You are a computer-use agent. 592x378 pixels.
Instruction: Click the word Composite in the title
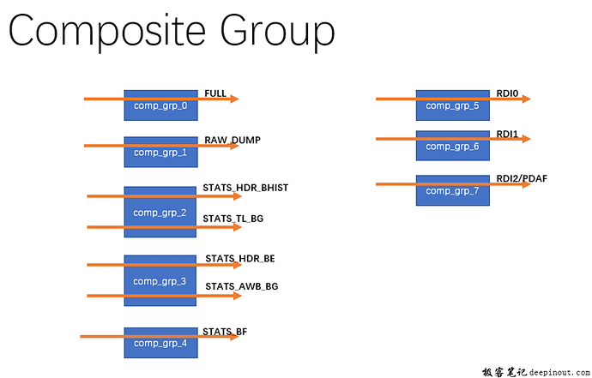coord(103,32)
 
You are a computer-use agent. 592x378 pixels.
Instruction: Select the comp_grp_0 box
coord(160,105)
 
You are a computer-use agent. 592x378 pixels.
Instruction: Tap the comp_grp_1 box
coord(160,153)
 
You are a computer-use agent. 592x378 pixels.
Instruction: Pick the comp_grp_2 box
coord(160,212)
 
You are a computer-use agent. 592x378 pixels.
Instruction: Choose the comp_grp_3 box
coord(160,281)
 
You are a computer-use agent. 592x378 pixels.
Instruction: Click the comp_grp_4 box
coord(160,343)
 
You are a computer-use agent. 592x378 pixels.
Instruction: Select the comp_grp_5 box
coord(452,105)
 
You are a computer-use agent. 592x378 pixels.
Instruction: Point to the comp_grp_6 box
coord(452,146)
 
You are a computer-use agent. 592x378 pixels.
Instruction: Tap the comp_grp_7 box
coord(452,190)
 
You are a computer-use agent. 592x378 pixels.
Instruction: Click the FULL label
coord(214,93)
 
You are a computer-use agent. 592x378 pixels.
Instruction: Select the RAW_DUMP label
coord(232,140)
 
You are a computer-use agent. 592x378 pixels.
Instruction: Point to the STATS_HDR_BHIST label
coord(241,187)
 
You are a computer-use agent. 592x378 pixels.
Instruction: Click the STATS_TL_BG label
coord(233,219)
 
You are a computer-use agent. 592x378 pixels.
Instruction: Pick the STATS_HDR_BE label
coord(239,258)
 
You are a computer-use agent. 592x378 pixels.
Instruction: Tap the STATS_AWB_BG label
coord(241,286)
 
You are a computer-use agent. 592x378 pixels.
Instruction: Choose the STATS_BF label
coord(225,331)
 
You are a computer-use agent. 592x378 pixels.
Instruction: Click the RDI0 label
coord(507,93)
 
